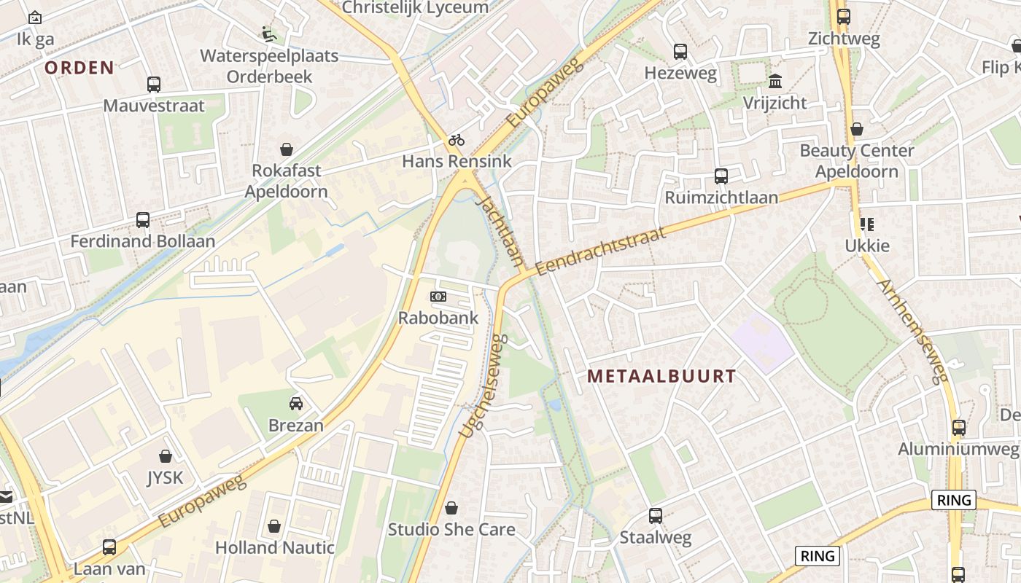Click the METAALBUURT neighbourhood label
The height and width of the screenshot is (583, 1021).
tap(661, 376)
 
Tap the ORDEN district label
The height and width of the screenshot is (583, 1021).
tap(79, 68)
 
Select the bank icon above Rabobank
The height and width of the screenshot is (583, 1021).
tap(438, 297)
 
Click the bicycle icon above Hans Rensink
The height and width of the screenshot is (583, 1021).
tap(457, 140)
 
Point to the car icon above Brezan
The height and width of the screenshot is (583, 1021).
tap(296, 403)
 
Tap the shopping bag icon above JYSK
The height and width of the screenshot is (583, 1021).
tap(166, 456)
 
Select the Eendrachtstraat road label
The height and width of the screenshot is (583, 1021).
tap(601, 251)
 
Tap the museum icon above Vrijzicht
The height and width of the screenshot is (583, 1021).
tap(775, 80)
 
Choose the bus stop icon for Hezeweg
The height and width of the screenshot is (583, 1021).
tap(680, 51)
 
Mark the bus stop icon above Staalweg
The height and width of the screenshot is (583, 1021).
tap(656, 516)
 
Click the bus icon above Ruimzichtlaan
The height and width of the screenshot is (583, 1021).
tap(721, 176)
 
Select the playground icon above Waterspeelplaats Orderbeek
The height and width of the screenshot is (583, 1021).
tap(269, 34)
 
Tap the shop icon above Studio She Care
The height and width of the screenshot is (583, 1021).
tap(451, 507)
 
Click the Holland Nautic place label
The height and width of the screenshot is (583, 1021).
tap(275, 547)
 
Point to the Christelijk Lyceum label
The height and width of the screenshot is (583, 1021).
tap(415, 7)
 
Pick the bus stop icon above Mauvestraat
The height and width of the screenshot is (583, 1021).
tap(154, 84)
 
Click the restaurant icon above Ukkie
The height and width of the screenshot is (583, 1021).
tap(867, 224)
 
